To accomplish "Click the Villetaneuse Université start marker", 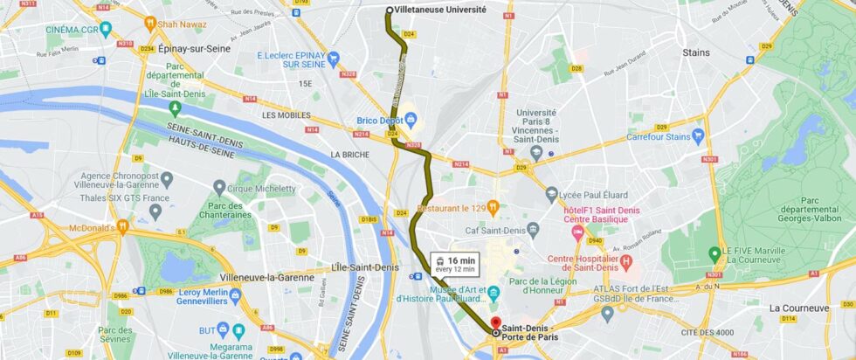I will coord(390,10).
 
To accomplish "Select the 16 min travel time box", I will coord(455,263).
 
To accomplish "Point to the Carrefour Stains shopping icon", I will coord(697,136).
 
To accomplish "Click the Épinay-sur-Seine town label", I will coord(195,49).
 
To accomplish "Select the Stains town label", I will coord(696,52).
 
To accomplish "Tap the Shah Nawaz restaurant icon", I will coord(150,23).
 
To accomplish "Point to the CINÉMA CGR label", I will coord(72,29).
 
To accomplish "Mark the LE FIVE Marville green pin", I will coord(714,251).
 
